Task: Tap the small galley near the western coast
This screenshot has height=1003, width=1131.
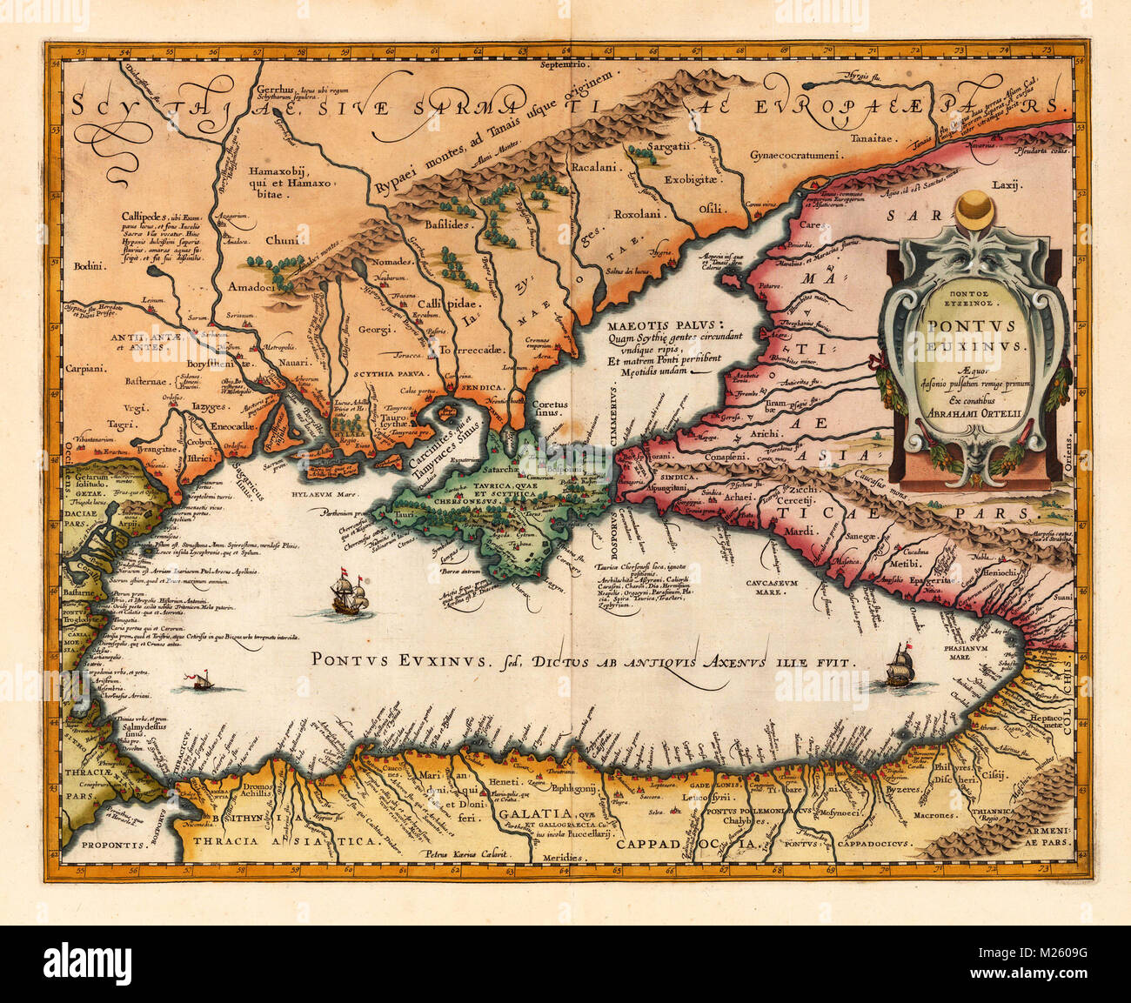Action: [201, 680]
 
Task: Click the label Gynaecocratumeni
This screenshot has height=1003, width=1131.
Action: [793, 156]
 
